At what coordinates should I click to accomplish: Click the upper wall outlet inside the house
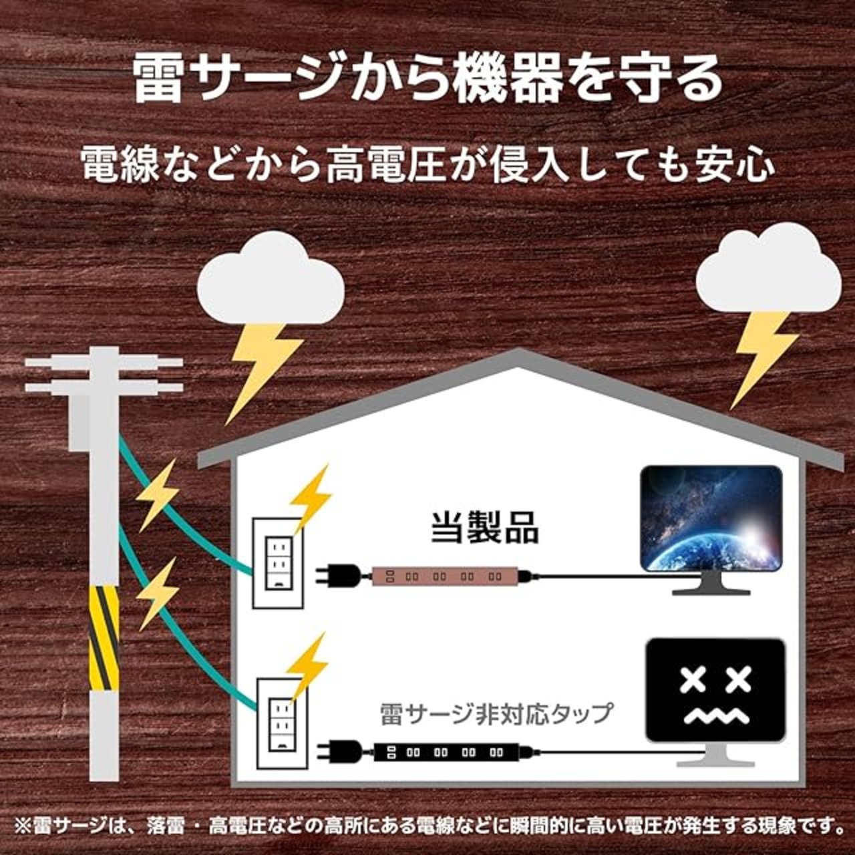pyautogui.click(x=279, y=563)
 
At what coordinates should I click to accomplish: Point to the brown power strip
pyautogui.click(x=444, y=577)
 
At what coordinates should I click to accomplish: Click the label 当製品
pyautogui.click(x=484, y=529)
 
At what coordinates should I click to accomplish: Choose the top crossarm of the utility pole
pyautogui.click(x=104, y=363)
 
